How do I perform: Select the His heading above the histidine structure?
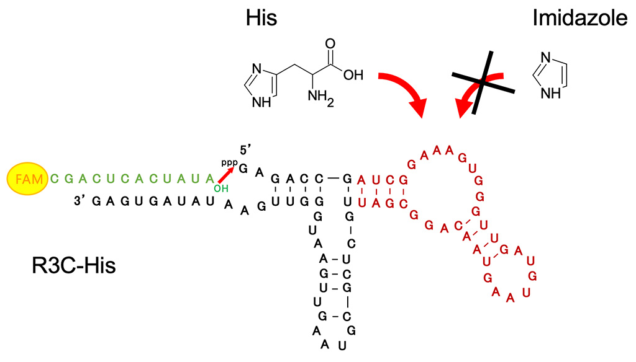[261, 19]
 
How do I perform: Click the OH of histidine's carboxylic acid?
[353, 76]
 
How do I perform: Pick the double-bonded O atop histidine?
[330, 44]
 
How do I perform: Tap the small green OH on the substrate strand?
[220, 188]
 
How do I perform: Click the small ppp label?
[229, 162]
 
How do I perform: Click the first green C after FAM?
[55, 179]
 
